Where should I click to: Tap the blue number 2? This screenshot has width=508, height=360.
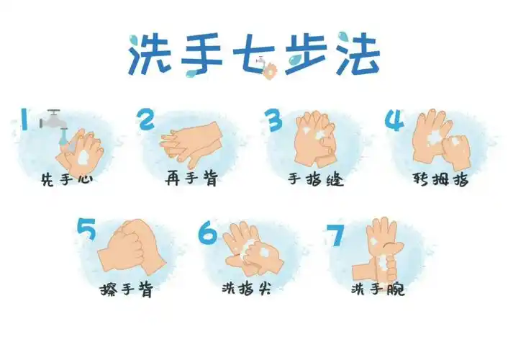click(147, 120)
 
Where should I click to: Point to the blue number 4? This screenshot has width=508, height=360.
click(394, 120)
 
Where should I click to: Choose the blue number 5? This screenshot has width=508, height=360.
click(87, 230)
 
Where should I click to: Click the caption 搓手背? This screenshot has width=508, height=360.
click(127, 289)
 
